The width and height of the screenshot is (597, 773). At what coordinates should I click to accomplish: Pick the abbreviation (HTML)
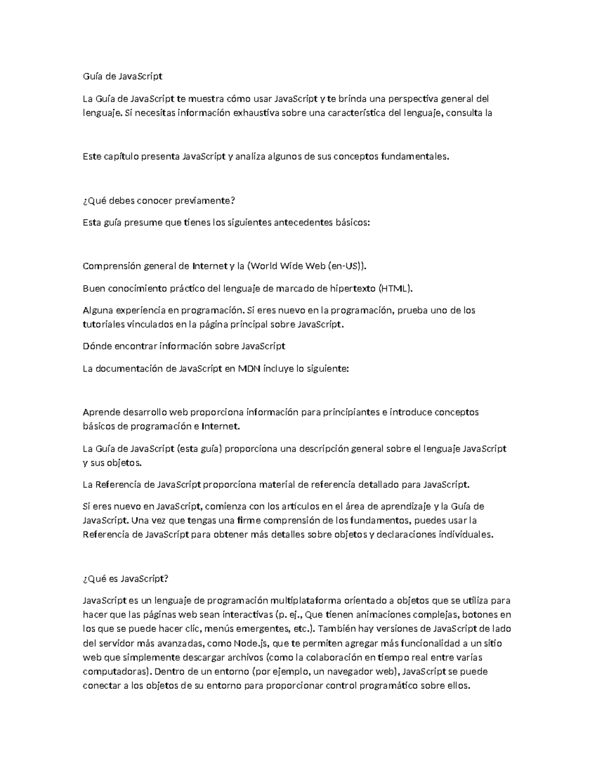[x=396, y=288]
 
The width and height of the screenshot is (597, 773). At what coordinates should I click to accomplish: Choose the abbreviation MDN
[x=249, y=369]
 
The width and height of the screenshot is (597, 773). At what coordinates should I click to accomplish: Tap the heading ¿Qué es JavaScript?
[x=126, y=578]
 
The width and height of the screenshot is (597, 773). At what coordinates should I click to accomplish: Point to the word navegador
[x=352, y=671]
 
